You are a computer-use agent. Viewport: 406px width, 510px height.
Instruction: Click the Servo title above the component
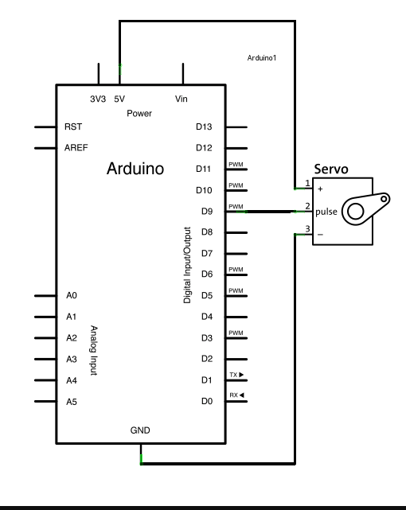(x=331, y=169)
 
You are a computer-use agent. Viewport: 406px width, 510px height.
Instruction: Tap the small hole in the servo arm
(x=384, y=198)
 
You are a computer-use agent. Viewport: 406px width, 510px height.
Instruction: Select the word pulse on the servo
(x=326, y=212)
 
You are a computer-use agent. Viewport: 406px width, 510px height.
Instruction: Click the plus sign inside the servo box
(x=320, y=189)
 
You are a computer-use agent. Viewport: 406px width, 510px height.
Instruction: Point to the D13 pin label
(x=204, y=127)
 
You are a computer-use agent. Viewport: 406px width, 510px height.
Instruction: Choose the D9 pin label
(x=207, y=212)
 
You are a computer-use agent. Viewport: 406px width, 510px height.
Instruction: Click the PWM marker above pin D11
(x=236, y=164)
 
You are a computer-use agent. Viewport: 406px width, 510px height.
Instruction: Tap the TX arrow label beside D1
(x=236, y=375)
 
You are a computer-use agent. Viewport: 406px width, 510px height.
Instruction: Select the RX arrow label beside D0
(x=236, y=395)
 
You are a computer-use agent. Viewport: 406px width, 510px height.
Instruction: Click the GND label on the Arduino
(x=140, y=430)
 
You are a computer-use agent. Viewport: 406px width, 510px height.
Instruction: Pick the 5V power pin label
(x=119, y=99)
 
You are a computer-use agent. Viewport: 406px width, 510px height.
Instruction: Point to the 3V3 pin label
(x=98, y=99)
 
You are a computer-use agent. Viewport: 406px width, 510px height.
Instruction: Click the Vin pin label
(x=182, y=99)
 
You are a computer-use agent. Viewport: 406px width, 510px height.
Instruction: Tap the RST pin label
(x=73, y=127)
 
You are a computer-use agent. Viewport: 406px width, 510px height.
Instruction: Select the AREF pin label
(x=76, y=148)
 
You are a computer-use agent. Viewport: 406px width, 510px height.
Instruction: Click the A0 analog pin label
(x=72, y=295)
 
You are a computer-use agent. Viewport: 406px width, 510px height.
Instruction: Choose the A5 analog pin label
(x=72, y=402)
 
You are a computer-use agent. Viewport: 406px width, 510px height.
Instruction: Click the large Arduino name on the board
(x=135, y=169)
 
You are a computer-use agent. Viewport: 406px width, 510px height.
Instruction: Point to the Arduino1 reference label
(x=262, y=58)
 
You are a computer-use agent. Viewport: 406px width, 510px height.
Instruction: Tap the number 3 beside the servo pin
(x=307, y=229)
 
